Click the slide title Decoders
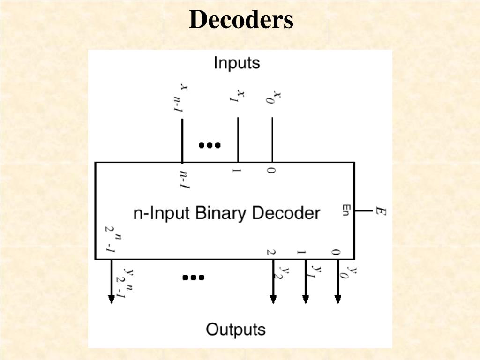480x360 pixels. pyautogui.click(x=241, y=20)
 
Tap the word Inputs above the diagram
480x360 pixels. pyautogui.click(x=237, y=62)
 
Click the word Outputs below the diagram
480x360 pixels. pyautogui.click(x=236, y=330)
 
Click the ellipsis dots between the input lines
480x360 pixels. pyautogui.click(x=210, y=145)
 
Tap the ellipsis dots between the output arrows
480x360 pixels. pyautogui.click(x=193, y=277)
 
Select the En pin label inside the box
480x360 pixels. pyautogui.click(x=346, y=211)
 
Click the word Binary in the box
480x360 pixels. pyautogui.click(x=220, y=213)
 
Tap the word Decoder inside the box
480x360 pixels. pyautogui.click(x=286, y=213)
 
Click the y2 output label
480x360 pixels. pyautogui.click(x=284, y=272)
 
